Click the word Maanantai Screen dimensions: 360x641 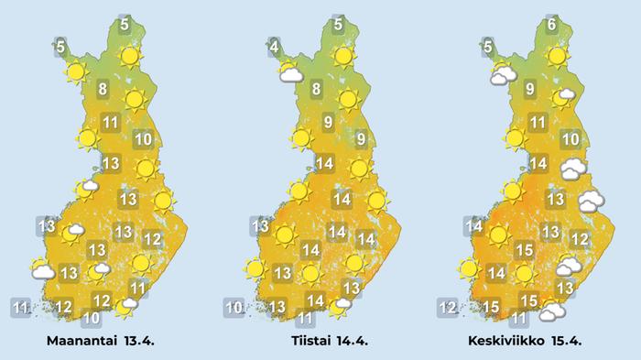87,341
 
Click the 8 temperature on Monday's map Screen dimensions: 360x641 103,90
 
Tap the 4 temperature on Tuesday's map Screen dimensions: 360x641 274,44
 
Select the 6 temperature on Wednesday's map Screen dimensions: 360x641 551,25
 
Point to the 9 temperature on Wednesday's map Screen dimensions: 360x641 530,90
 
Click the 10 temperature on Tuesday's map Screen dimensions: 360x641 234,307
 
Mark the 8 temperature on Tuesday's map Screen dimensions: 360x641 316,90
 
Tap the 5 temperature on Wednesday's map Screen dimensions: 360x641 488,47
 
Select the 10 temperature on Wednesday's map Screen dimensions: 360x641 570,140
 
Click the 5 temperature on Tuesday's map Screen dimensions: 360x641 339,25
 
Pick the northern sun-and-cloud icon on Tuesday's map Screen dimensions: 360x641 291,73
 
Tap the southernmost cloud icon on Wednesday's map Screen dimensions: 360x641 551,312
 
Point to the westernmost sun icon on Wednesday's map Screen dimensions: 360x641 470,269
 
